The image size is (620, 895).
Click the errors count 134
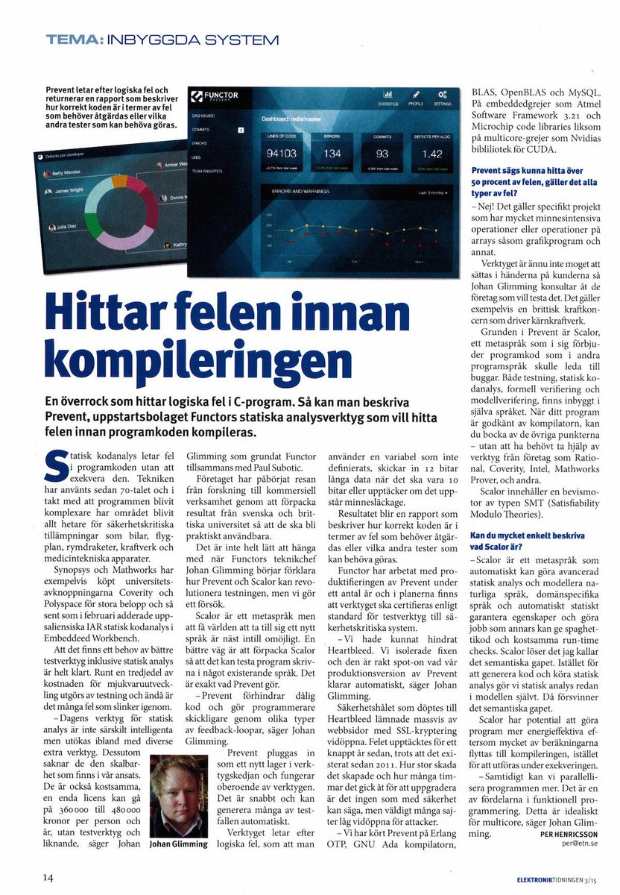[332, 154]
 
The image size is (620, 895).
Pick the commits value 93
[382, 154]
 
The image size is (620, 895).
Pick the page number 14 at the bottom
[48, 878]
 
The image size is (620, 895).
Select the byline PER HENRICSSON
[570, 834]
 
